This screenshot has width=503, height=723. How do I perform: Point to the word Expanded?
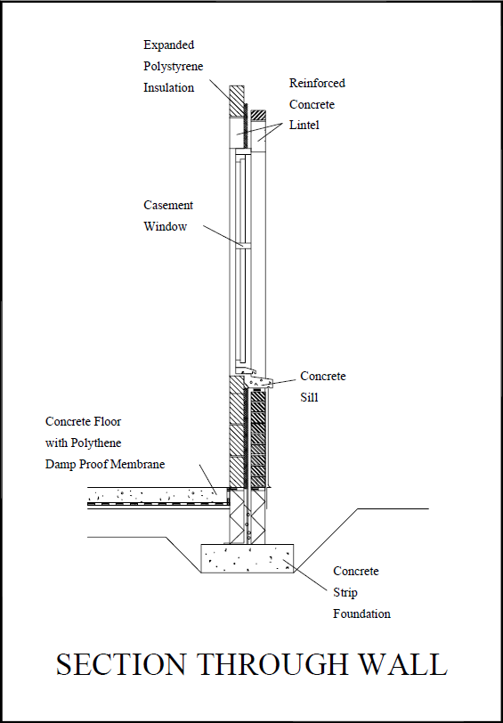pyautogui.click(x=168, y=45)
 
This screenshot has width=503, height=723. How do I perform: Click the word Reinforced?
pyautogui.click(x=317, y=83)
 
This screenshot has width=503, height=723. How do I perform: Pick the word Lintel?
pyautogui.click(x=304, y=126)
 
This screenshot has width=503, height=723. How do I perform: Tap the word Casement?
pyautogui.click(x=168, y=205)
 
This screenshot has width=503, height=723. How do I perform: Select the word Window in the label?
pyautogui.click(x=166, y=226)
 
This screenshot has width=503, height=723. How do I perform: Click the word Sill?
pyautogui.click(x=309, y=398)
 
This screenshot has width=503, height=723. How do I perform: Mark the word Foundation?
pyautogui.click(x=361, y=613)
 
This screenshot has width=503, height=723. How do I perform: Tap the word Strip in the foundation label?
pyautogui.click(x=346, y=592)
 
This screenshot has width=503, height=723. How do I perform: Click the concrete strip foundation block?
pyautogui.click(x=247, y=558)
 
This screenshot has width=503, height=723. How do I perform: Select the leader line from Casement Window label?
pyautogui.click(x=222, y=235)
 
